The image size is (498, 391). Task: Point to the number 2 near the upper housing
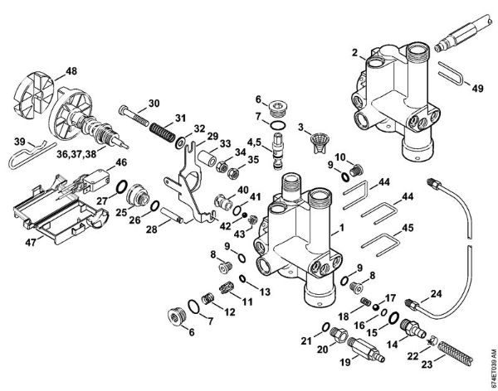(x=354, y=52)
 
